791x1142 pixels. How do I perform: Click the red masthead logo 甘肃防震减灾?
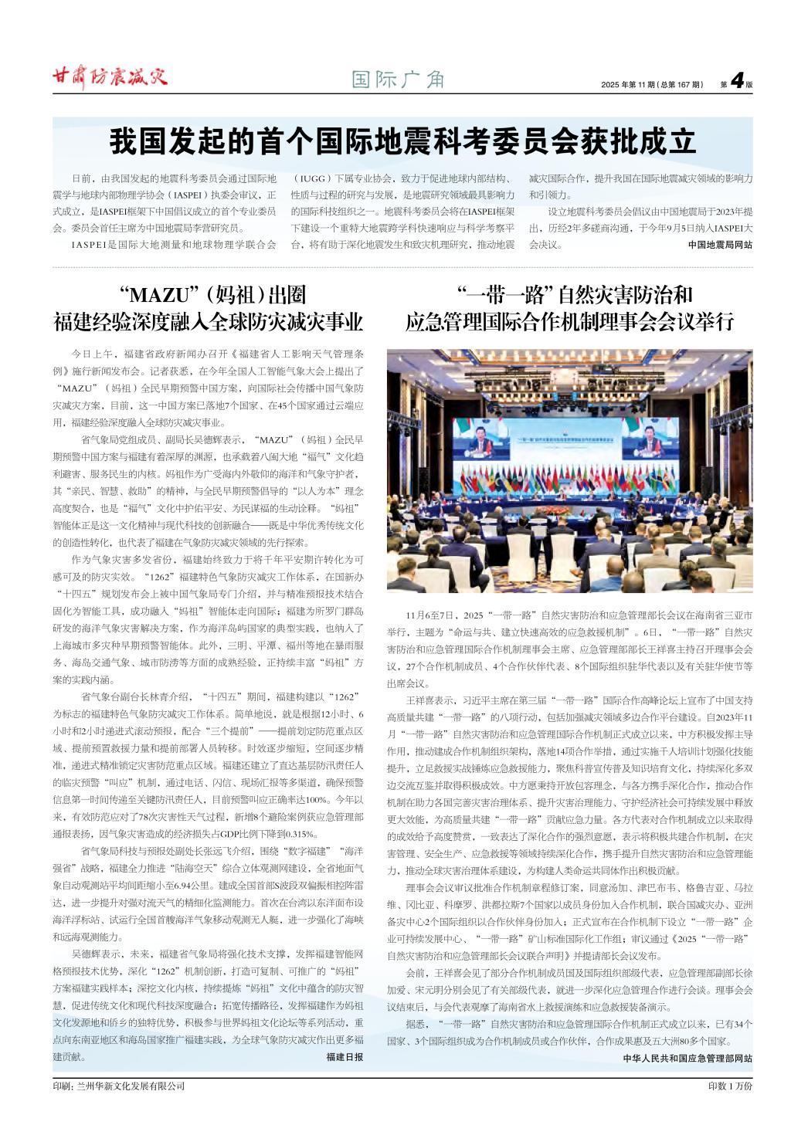tap(109, 76)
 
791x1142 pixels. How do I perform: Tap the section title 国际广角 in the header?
tap(398, 80)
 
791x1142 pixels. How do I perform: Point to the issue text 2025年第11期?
tap(630, 83)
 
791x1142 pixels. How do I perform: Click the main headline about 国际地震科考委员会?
tap(402, 142)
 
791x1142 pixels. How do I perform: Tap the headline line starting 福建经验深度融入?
tap(208, 321)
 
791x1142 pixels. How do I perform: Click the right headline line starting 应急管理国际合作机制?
tap(569, 321)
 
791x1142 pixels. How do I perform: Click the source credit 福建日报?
tap(345, 1056)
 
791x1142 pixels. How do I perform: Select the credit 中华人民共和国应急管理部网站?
tap(687, 1058)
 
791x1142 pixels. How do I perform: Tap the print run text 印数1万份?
tap(729, 1085)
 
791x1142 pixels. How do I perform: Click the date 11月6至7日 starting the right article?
tap(433, 615)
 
